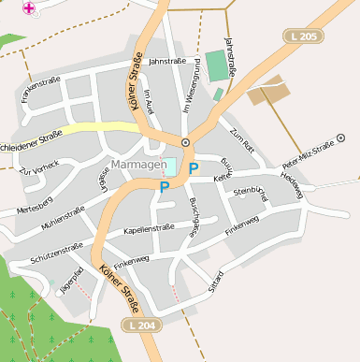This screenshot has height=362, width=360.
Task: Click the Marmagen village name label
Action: tap(137, 165)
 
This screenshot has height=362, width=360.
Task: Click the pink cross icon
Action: tap(29, 7)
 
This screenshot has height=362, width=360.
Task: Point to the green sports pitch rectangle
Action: tap(217, 65)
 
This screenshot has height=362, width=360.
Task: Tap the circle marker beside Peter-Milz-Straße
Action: tap(340, 138)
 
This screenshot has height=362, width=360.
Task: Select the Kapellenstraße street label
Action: tap(143, 228)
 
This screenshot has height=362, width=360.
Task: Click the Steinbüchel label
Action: tap(250, 193)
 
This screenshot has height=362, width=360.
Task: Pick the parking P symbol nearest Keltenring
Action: tap(194, 168)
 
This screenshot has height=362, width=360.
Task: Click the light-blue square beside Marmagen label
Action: tap(171, 166)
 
